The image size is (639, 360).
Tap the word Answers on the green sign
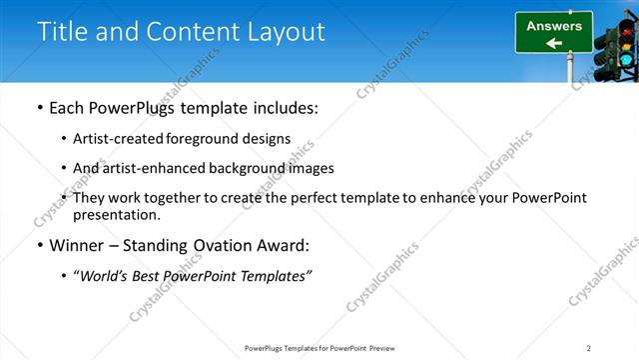[554, 26]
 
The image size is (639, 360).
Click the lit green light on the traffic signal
[626, 60]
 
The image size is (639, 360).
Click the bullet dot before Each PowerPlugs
[39, 108]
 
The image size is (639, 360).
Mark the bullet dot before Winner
[39, 245]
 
